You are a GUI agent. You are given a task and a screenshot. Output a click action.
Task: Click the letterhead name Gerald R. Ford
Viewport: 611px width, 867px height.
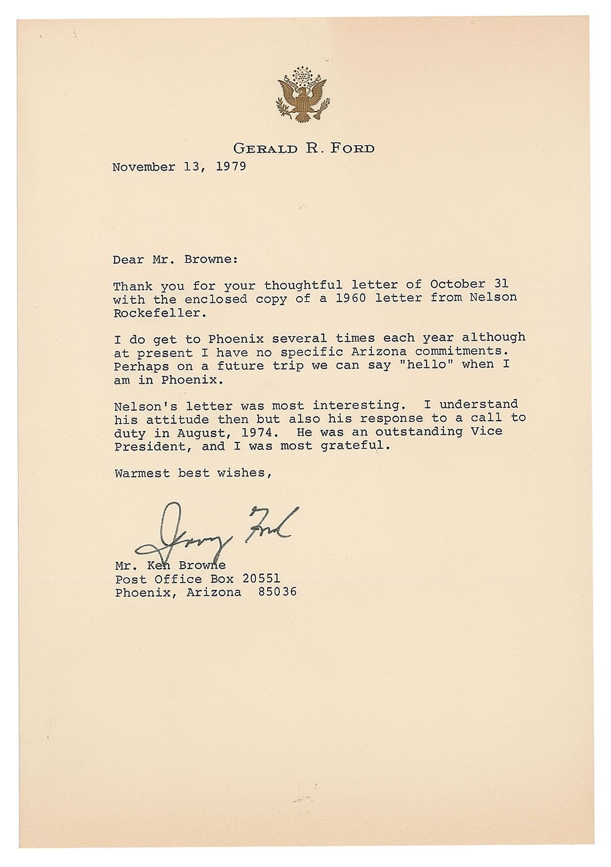pos(304,149)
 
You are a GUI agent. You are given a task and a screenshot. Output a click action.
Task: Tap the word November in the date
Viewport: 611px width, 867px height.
pos(144,167)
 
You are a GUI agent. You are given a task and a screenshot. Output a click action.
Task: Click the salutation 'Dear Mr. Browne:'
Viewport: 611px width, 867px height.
pos(175,260)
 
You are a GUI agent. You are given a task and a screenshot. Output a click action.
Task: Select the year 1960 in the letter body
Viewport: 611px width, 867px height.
pos(346,298)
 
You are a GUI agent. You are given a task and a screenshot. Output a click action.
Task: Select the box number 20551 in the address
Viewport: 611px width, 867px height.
pos(261,579)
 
